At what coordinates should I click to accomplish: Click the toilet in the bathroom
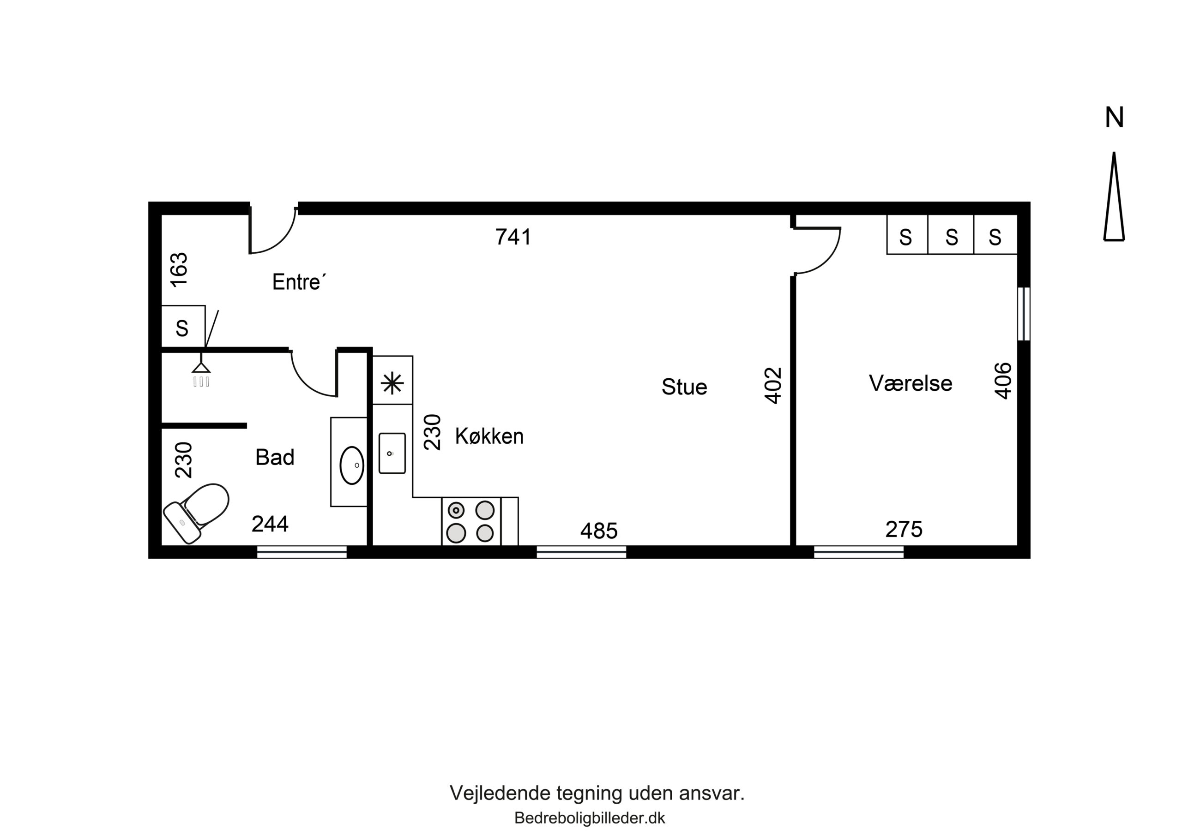coord(196,513)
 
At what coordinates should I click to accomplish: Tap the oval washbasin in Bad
coord(352,465)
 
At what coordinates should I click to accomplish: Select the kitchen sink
coord(392,453)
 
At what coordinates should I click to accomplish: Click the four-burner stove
coord(471,521)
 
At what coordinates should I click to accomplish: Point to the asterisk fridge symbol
coord(392,383)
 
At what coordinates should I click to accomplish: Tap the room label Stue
coord(684,388)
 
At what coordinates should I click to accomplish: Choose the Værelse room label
coord(911,384)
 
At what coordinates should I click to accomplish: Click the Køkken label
coord(489,437)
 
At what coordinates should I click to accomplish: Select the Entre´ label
coord(300,282)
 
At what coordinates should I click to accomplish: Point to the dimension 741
coord(513,237)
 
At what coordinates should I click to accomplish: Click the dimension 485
coord(599,531)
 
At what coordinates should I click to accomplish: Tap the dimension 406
coord(1003,381)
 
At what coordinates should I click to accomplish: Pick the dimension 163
coord(179,269)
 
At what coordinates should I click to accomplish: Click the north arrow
coord(1114,196)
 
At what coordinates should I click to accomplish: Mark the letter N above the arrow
coord(1115,118)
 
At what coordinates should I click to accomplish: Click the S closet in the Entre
coord(183,327)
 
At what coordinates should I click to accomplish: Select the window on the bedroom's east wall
coord(1024,314)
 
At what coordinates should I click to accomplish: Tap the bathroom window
coord(302,553)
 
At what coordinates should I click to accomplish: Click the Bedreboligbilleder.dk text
coord(590,818)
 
